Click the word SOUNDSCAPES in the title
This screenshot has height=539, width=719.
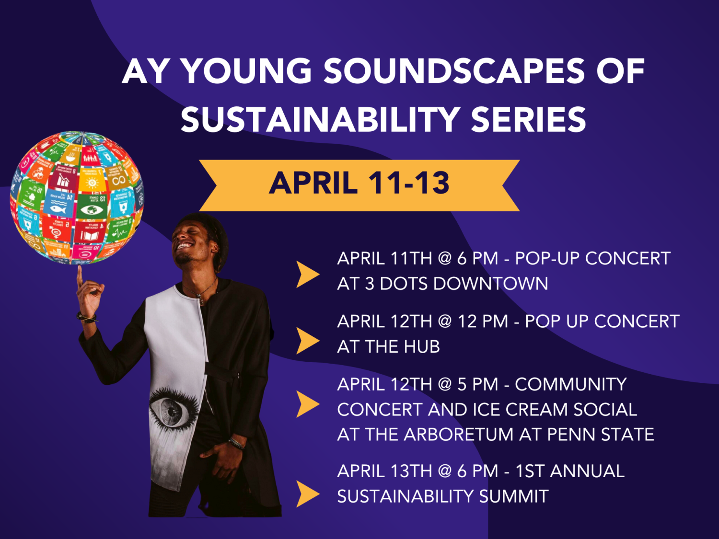coord(454,71)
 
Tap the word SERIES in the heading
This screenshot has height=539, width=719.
coord(528,120)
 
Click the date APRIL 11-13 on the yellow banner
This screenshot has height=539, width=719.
coord(359,183)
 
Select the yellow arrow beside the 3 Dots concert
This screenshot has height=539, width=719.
coord(307,274)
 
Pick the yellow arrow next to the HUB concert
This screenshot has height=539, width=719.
coord(307,341)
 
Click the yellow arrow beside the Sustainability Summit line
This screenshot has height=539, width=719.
coord(307,493)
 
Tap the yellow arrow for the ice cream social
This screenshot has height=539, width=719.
coord(307,404)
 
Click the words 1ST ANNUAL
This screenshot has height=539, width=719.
coord(570,471)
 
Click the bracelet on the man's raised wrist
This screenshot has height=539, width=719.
coord(88,317)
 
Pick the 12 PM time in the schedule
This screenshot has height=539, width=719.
coord(482,321)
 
